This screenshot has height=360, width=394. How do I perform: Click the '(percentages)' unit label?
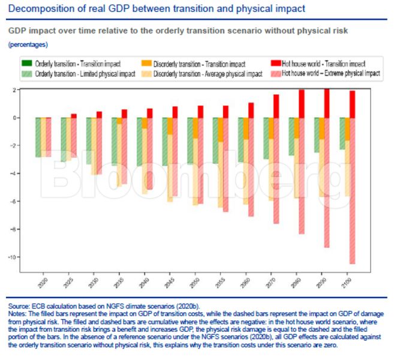coord(28,44)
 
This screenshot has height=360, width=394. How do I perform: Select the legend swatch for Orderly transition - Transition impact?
coord(27,63)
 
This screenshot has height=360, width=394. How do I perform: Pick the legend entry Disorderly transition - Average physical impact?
coord(207,74)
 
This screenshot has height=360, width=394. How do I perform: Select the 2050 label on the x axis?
coord(196,281)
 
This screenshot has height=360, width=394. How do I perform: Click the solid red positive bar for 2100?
coord(352,104)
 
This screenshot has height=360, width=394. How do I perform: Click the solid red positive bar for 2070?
coord(276,106)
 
